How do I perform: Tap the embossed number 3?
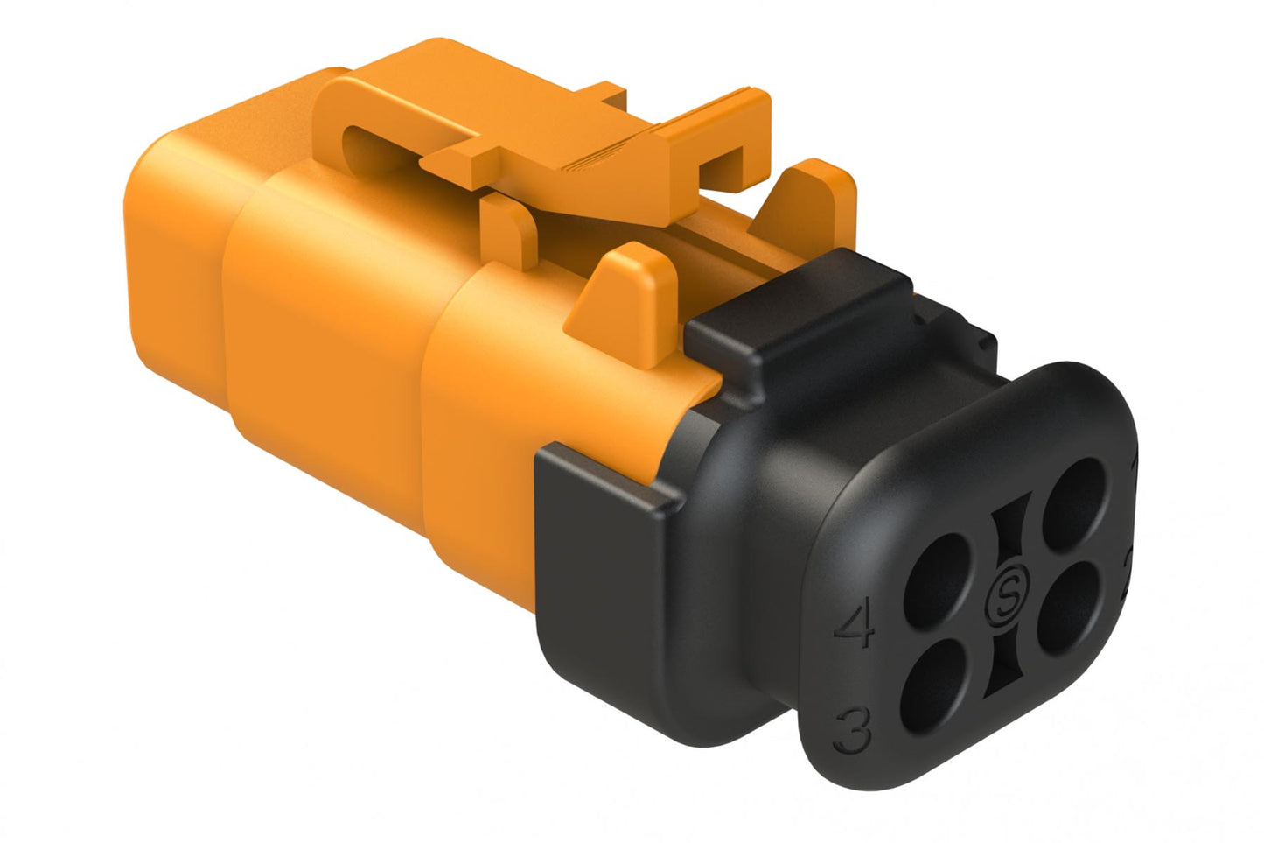click(853, 730)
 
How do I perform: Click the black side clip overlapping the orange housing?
click(604, 525)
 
